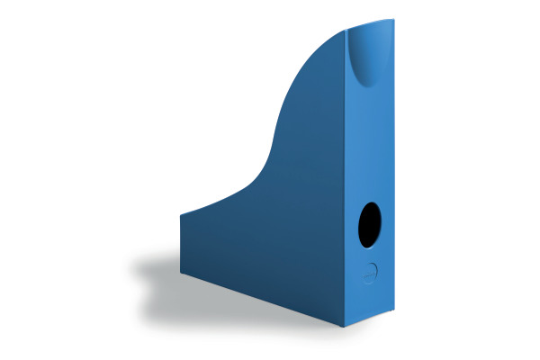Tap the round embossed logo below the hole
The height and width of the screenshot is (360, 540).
coord(371,272)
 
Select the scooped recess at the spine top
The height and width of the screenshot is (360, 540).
coord(366,57)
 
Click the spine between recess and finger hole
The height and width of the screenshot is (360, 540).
coord(368,144)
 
